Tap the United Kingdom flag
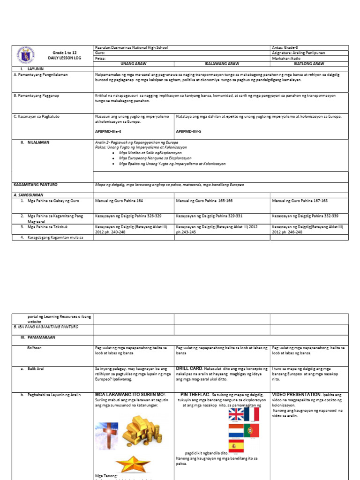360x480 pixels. [x=236, y=414]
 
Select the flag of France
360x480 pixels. [x=252, y=414]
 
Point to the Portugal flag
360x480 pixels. [x=251, y=430]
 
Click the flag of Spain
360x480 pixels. [x=236, y=446]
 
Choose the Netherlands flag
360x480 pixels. [x=236, y=430]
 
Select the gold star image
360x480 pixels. [x=133, y=464]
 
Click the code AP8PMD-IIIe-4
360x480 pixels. [x=108, y=132]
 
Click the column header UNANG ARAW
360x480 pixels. [x=133, y=63]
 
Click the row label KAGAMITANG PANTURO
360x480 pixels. [x=35, y=185]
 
